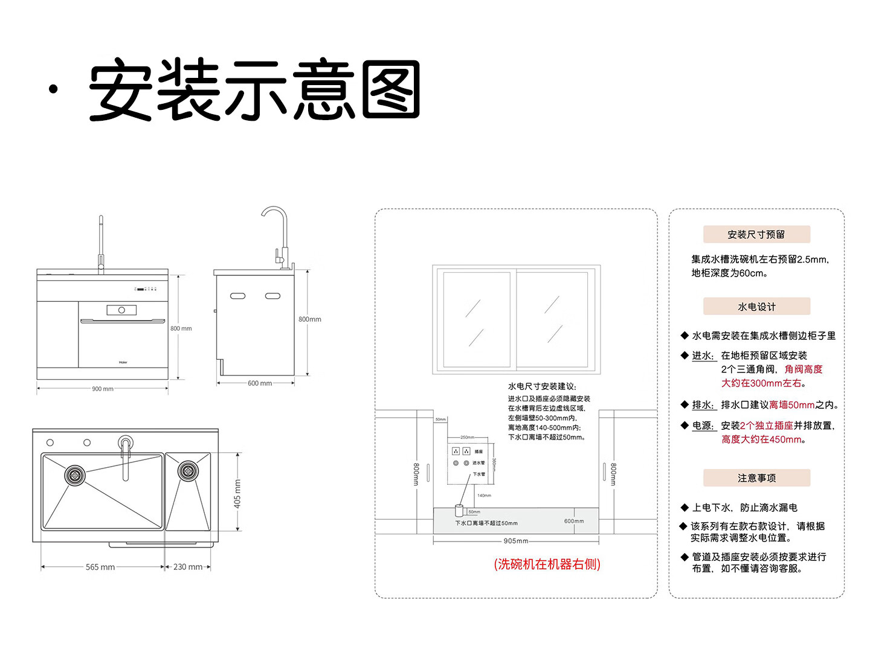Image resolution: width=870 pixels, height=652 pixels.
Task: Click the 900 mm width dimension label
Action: coord(103,389)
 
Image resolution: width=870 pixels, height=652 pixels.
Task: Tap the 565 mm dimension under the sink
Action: coord(100,567)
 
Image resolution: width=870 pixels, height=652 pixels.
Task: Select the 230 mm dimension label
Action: coord(188,567)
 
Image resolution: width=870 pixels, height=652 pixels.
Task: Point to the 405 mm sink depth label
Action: coord(237,493)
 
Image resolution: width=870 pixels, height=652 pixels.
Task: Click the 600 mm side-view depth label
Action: coord(260,383)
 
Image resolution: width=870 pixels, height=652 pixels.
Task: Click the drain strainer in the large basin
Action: coord(75,475)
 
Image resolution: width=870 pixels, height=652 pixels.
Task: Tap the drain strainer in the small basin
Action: coord(187,471)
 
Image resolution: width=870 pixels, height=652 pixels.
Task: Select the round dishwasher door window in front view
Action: coord(121,310)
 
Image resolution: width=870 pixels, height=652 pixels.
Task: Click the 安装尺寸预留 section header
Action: coord(756,234)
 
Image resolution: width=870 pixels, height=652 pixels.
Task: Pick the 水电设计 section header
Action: coord(756,307)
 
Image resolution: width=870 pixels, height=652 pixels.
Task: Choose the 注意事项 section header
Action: coord(756,478)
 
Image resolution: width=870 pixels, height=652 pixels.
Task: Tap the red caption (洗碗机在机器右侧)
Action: coord(547,564)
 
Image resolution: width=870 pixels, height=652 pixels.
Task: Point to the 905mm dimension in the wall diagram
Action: coord(516,541)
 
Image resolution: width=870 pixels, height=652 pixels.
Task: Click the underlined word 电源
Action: coord(703,426)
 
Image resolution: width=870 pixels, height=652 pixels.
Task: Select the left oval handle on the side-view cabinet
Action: coord(238,296)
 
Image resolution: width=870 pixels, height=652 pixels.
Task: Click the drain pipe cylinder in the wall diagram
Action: coord(459,511)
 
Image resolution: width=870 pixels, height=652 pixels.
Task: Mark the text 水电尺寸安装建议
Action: coord(542,386)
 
